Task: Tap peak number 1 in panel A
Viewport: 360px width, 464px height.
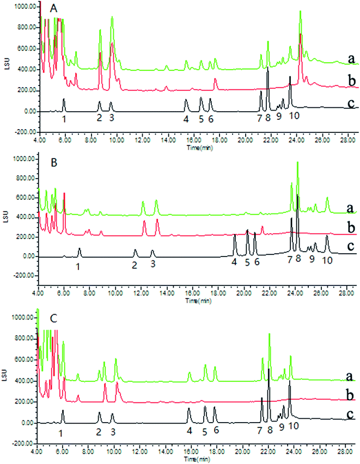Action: tap(64, 118)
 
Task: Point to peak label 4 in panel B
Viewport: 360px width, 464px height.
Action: tap(234, 262)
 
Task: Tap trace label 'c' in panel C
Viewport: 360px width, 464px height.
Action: tap(347, 415)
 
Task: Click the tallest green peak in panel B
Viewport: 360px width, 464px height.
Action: tap(297, 163)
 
